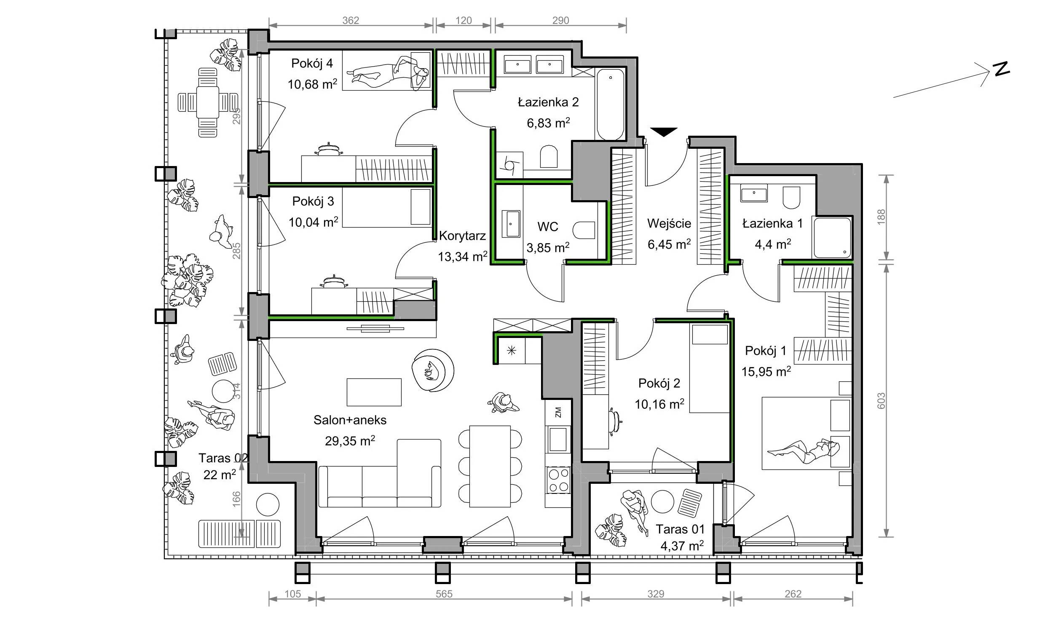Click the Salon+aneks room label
(350, 420)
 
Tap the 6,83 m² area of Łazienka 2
(548, 123)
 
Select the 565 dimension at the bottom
(444, 594)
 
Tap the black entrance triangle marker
(664, 132)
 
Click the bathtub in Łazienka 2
(611, 105)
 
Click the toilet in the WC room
(584, 230)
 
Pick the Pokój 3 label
(313, 201)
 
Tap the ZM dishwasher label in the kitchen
(558, 412)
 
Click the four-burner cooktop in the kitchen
(558, 480)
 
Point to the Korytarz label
(462, 236)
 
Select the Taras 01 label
(680, 529)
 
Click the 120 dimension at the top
(464, 20)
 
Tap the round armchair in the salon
(433, 371)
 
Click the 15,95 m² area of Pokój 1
(766, 371)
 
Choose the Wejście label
(669, 223)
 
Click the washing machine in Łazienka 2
(510, 165)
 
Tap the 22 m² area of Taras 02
(220, 475)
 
